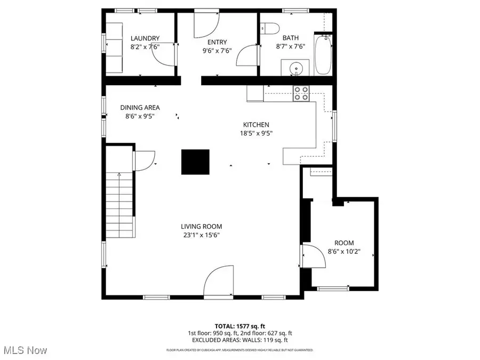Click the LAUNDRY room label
click(145, 38)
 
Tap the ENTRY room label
click(217, 42)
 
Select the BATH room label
click(291, 38)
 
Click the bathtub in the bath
click(323, 54)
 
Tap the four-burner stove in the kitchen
click(301, 93)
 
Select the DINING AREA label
click(140, 107)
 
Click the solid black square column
click(196, 162)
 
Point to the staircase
click(119, 205)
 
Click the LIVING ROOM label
click(201, 226)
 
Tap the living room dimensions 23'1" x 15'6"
click(201, 235)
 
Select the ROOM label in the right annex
click(344, 243)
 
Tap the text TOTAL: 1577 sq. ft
click(239, 325)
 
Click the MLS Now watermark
click(26, 350)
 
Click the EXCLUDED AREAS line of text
click(239, 340)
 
